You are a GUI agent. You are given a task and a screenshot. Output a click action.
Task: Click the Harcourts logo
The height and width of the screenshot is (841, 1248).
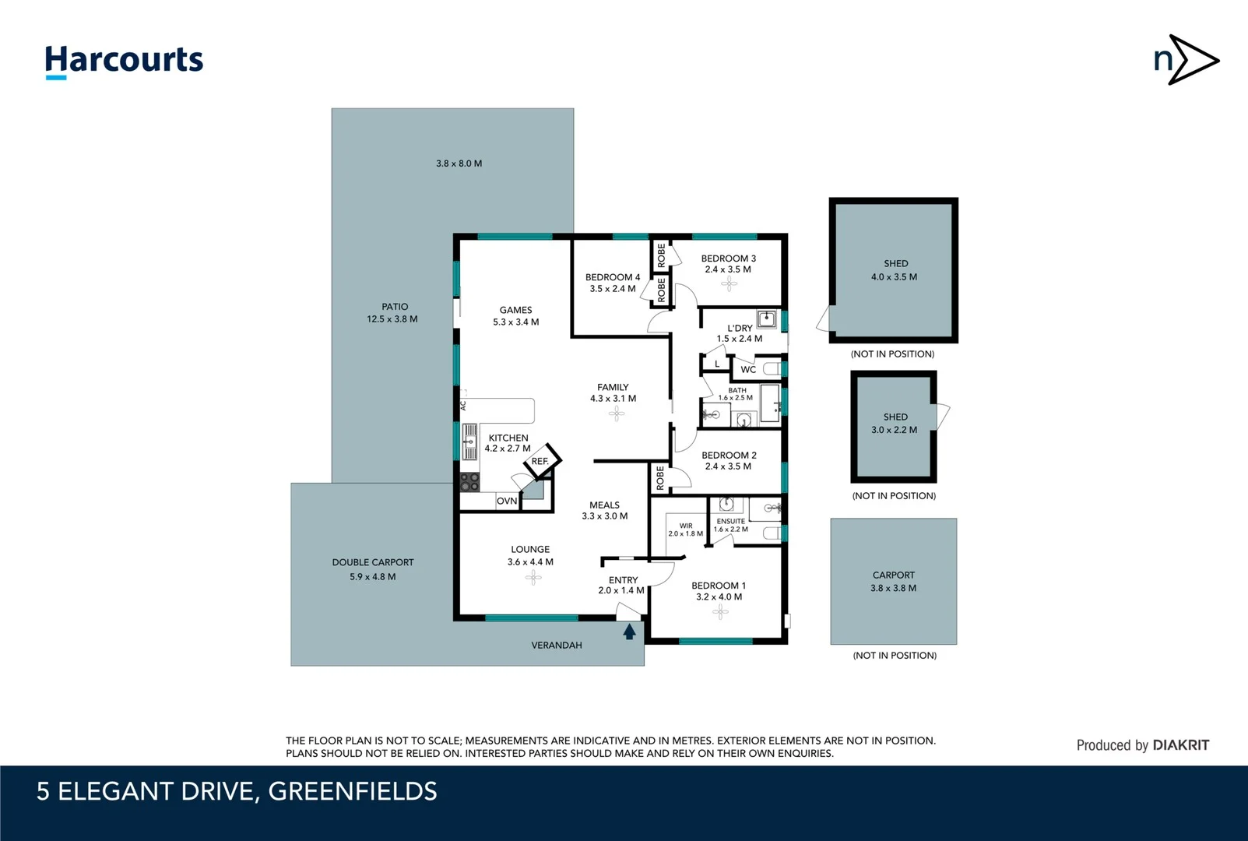(x=124, y=61)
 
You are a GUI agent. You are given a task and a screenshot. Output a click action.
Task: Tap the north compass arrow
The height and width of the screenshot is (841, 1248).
(x=1186, y=59)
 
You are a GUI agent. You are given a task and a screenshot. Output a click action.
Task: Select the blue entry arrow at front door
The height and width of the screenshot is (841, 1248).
(x=629, y=632)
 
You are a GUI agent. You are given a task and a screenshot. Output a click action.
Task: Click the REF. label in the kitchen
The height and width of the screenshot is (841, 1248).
(x=540, y=462)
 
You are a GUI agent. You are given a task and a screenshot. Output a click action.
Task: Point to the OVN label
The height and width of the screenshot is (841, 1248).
(x=507, y=501)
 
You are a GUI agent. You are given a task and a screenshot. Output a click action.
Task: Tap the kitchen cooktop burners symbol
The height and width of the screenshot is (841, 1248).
(x=469, y=482)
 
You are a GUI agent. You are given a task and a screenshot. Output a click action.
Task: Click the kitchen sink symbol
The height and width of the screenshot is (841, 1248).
(x=469, y=442)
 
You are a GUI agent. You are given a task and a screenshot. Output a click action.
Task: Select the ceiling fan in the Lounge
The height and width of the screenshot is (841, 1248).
(x=533, y=577)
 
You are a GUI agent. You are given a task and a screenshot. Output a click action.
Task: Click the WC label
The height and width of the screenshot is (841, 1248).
(x=748, y=369)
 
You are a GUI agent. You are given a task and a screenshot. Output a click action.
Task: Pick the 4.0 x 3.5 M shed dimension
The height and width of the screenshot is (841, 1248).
(x=894, y=277)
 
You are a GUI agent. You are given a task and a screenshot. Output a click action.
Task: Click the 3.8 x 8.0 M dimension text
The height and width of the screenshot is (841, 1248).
(x=459, y=164)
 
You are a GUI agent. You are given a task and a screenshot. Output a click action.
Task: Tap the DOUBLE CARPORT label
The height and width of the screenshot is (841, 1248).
(x=373, y=562)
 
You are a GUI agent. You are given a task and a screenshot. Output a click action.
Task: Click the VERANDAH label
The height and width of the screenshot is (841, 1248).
(x=557, y=645)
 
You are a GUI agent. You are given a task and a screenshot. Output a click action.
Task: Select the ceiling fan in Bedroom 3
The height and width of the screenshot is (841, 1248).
(x=729, y=283)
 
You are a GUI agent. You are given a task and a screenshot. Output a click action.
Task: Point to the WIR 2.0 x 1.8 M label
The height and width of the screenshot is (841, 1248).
(x=685, y=530)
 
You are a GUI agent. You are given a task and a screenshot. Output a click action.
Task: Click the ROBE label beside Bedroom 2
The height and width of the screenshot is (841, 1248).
(x=660, y=477)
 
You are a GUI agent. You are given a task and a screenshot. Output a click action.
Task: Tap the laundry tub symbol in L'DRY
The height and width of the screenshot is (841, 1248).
(x=767, y=318)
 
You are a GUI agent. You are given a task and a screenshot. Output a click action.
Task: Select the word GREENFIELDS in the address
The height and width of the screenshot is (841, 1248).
(x=353, y=791)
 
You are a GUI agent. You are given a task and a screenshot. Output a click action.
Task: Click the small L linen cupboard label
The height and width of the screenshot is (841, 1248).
(x=717, y=364)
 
